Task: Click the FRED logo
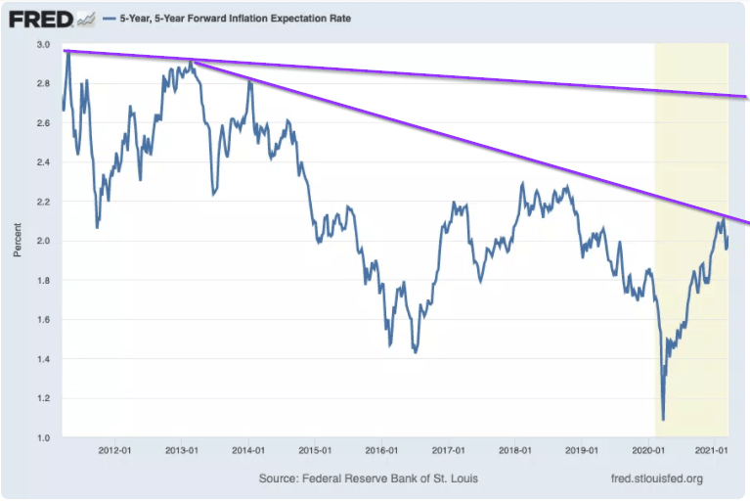coord(38,19)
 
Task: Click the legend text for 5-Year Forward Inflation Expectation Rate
coord(234,19)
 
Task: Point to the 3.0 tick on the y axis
coord(44,45)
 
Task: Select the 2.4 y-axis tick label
coord(44,162)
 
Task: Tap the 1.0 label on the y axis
coord(44,437)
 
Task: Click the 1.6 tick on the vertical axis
coord(44,320)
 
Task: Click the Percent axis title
coord(18,241)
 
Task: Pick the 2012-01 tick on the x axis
coord(115,451)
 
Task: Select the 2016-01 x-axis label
coord(381,451)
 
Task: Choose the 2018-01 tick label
coord(514,451)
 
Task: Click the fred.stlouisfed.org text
coord(655,479)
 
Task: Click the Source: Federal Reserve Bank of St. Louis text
coord(369,479)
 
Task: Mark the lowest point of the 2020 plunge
coord(663,420)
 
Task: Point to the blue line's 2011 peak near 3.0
coord(67,49)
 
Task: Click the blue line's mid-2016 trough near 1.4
coord(416,351)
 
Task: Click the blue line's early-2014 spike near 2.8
coord(250,82)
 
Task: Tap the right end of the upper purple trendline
coord(746,97)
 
